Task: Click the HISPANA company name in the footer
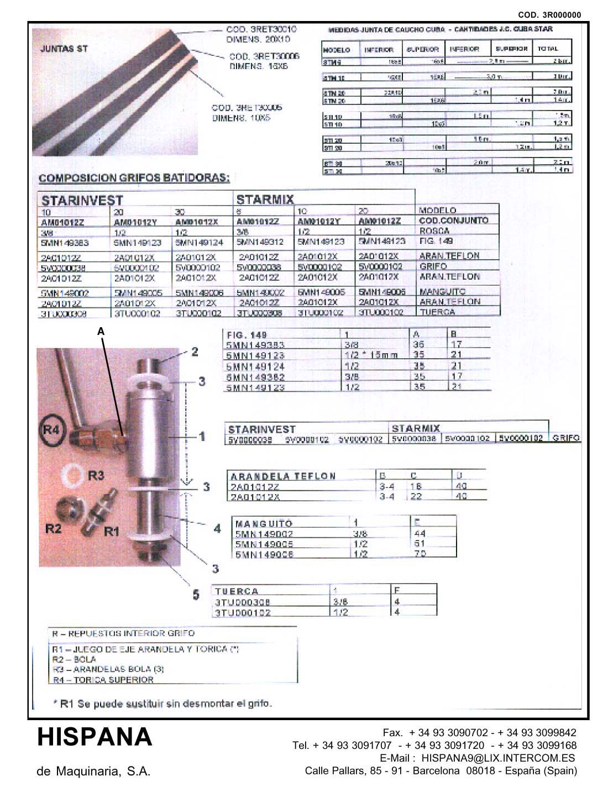coord(95,737)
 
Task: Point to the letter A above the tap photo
coord(101,331)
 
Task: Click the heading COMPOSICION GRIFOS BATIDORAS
coord(134,178)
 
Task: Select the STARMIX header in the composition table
coord(265,199)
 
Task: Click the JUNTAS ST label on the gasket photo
coord(64,49)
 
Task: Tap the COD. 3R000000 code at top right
coord(549,15)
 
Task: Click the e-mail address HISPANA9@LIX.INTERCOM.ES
coord(498,758)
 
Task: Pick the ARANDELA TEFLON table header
coord(282,476)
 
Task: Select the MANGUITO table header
coord(264,523)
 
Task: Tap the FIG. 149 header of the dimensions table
coord(247,335)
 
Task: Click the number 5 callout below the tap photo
coord(196,595)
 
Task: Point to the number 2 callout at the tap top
coord(195,352)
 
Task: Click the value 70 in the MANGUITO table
coord(420,553)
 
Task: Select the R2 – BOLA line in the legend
coord(74,659)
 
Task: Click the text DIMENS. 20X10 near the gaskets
coord(258,40)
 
